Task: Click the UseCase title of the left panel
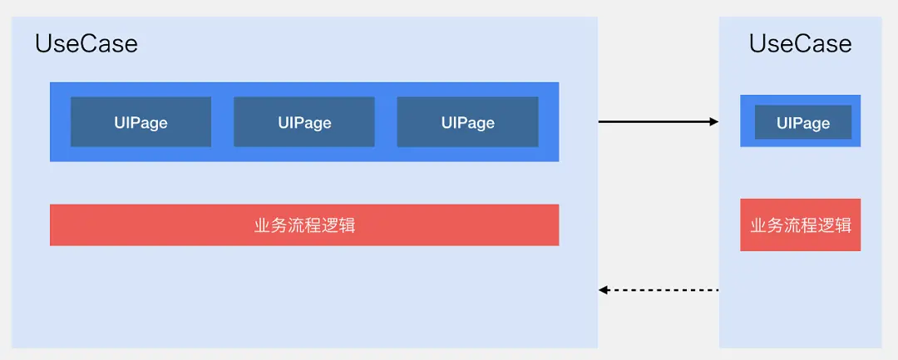pos(86,44)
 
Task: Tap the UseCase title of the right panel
pos(800,44)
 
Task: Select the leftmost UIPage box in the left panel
pos(141,122)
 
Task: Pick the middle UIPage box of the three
pos(304,122)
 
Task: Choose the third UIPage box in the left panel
pos(467,122)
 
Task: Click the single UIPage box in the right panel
pos(802,122)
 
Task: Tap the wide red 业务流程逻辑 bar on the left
pos(304,225)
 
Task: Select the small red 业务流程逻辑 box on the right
pos(800,225)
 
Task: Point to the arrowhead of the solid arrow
pos(714,122)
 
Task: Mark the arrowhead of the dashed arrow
pos(604,290)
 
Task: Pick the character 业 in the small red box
pos(758,225)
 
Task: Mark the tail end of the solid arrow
pos(600,122)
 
